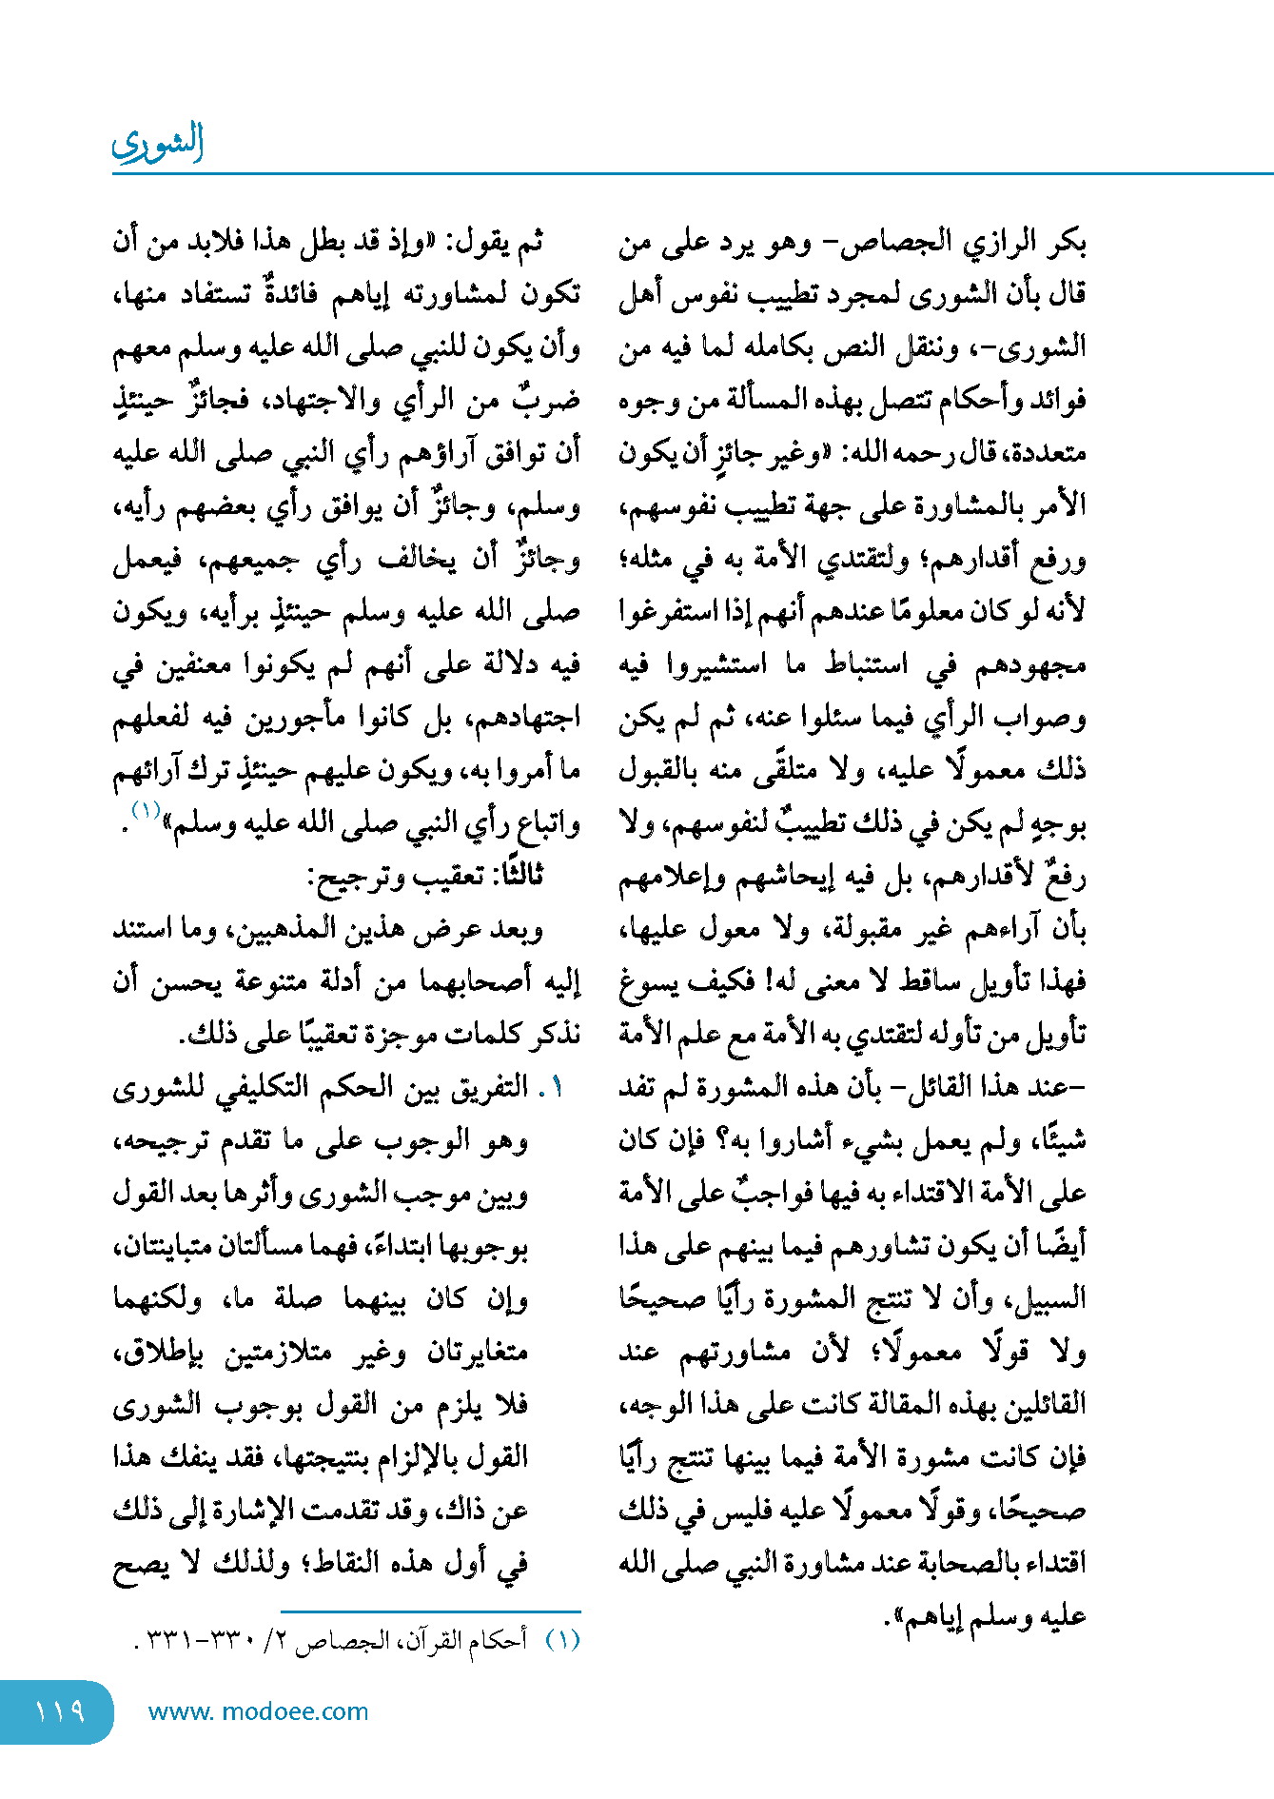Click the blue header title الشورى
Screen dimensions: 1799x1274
158,143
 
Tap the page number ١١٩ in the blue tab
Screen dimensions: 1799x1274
60,1710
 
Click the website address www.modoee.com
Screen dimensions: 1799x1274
258,1711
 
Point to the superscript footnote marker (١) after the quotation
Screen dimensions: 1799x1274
146,811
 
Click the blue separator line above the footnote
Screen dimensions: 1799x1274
431,1611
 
